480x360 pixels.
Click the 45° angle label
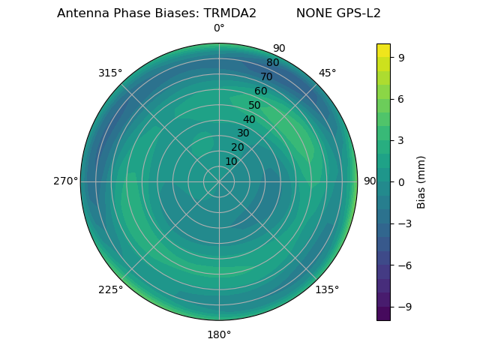pos(327,73)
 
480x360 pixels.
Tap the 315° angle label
pos(110,73)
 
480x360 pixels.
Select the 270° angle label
pos(65,181)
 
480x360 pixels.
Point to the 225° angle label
pos(110,289)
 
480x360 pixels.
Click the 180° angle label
pos(219,334)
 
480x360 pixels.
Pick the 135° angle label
pos(327,289)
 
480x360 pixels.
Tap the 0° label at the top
pos(219,28)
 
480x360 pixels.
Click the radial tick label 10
pos(231,161)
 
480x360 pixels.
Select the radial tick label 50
pos(254,105)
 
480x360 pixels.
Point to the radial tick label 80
pos(272,62)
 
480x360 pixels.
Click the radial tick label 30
pos(243,133)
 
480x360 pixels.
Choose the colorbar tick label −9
pos(403,307)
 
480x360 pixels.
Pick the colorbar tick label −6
pos(403,265)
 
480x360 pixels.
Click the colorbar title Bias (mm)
pos(421,181)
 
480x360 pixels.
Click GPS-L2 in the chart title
pos(359,13)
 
